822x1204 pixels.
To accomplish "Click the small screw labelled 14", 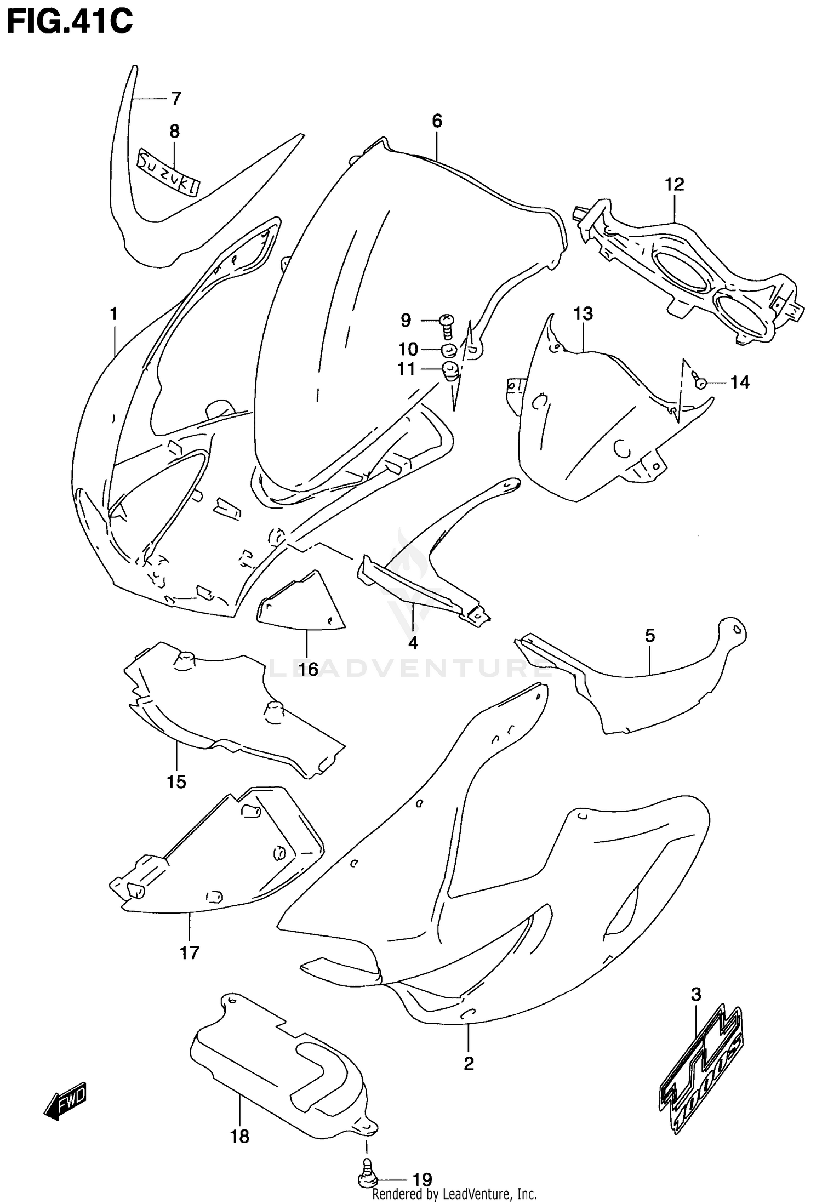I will click(700, 382).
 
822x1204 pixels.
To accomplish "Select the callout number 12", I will click(675, 184).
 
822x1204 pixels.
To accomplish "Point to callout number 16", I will click(309, 669).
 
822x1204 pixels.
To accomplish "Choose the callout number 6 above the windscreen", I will click(437, 121).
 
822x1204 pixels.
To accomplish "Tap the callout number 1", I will click(114, 314).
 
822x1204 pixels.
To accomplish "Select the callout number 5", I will click(649, 636).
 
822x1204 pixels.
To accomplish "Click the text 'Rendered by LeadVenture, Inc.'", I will click(454, 1194).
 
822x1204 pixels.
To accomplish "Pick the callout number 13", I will click(584, 314).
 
